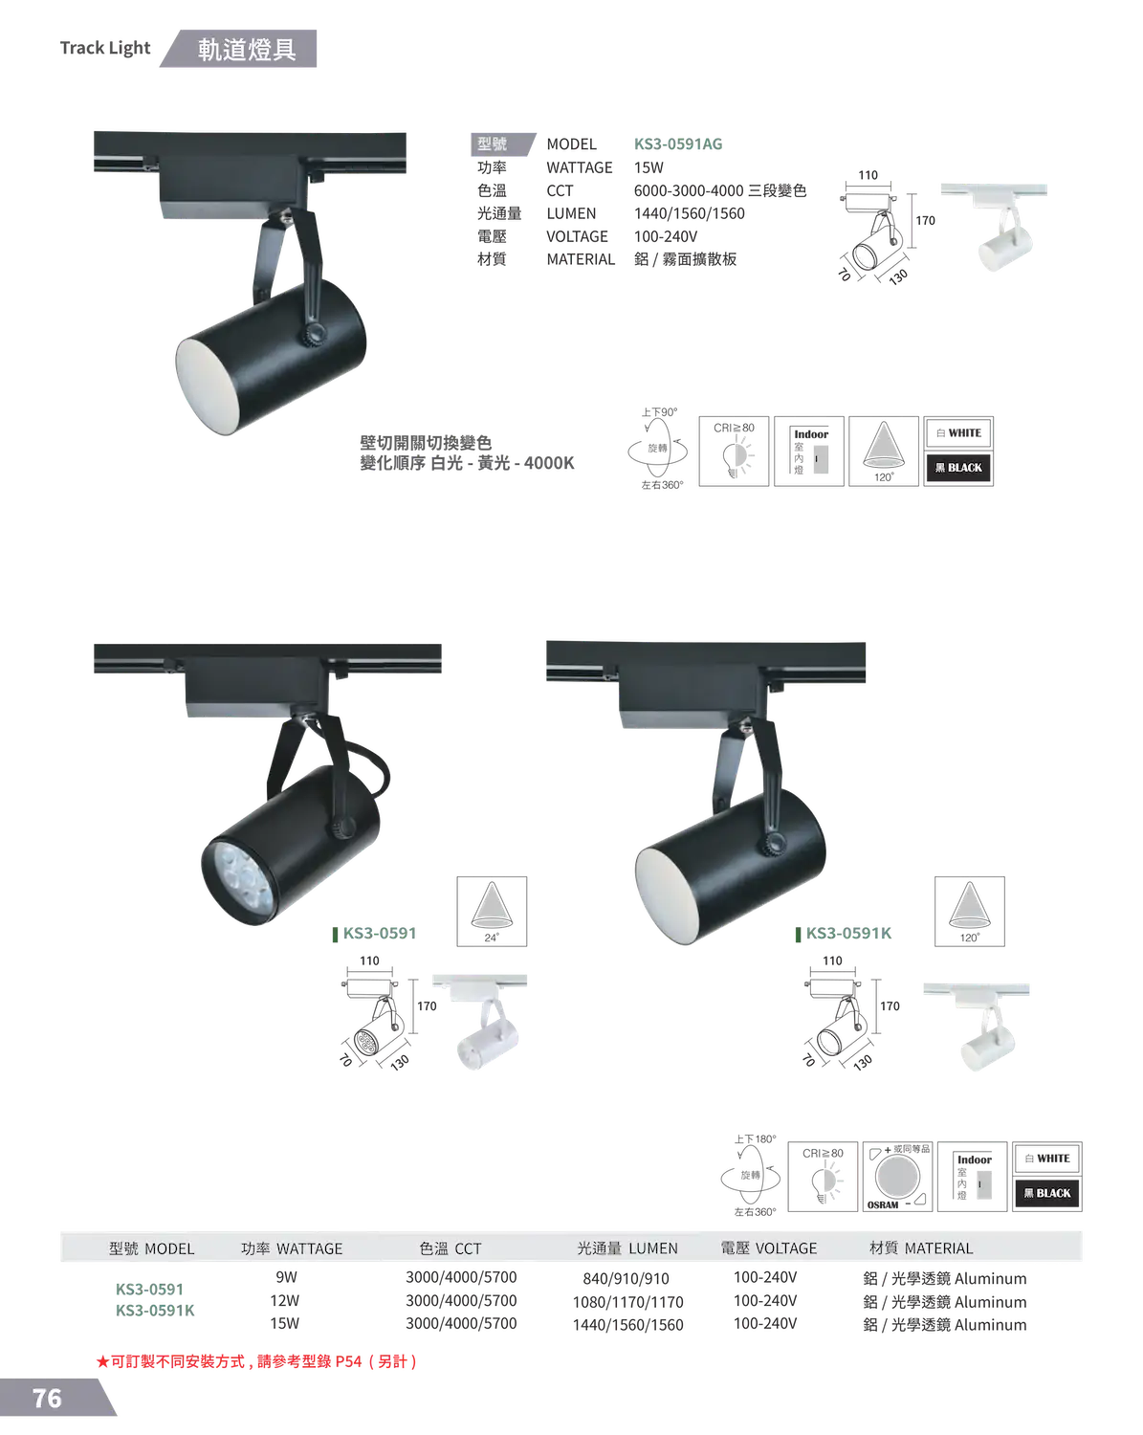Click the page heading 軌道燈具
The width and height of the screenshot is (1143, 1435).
click(246, 51)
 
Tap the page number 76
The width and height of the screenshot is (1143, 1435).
click(47, 1398)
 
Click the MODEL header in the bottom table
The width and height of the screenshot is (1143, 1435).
click(151, 1248)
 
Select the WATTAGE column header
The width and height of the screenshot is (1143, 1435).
click(291, 1248)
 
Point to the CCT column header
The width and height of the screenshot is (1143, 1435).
click(450, 1248)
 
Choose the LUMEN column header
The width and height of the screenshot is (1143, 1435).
click(627, 1248)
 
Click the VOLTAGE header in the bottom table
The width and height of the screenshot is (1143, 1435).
click(768, 1248)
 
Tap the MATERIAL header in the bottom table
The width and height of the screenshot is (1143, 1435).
click(920, 1248)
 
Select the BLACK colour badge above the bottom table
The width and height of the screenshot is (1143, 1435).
click(1047, 1193)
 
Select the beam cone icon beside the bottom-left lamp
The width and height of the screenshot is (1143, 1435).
click(490, 910)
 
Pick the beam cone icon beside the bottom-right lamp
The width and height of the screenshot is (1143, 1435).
click(971, 910)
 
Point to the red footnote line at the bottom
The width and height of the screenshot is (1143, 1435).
click(256, 1361)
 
